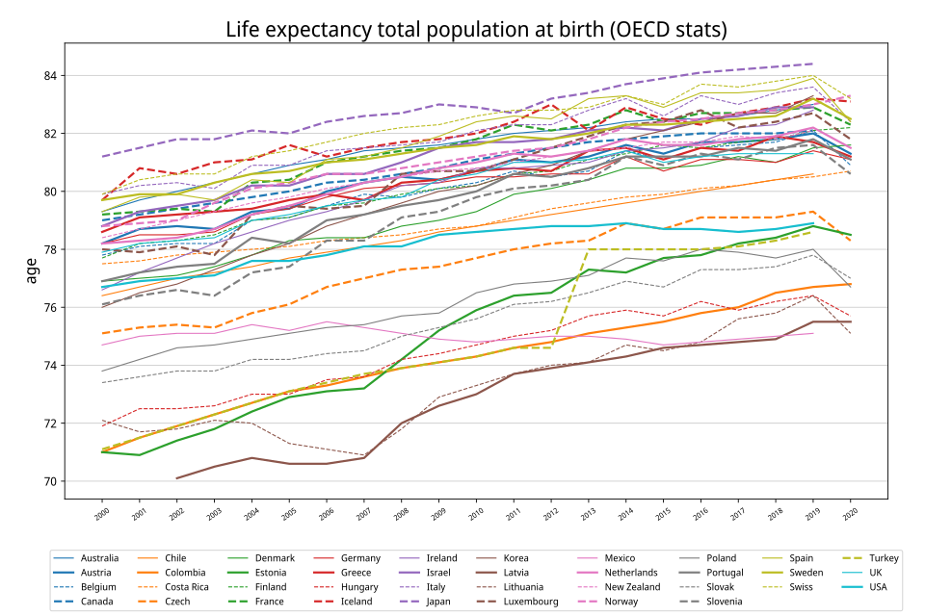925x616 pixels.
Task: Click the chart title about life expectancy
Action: click(x=476, y=30)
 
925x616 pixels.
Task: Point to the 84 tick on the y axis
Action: click(x=50, y=76)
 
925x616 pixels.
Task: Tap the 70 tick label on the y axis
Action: click(x=50, y=481)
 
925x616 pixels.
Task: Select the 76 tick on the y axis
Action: click(x=50, y=308)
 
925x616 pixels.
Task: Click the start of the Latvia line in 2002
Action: click(x=176, y=478)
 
